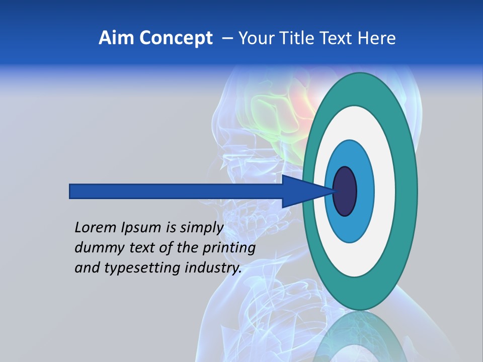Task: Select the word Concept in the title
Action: click(x=176, y=38)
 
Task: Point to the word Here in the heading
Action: click(x=377, y=38)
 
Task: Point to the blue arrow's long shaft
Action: click(x=176, y=191)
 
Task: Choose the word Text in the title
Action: click(x=336, y=38)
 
